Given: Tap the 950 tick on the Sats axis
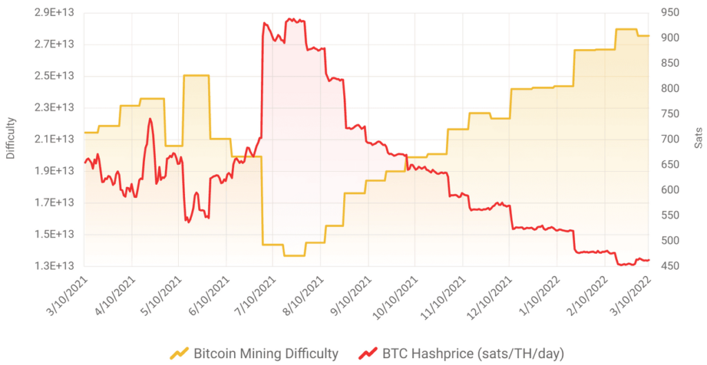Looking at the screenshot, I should (x=668, y=12).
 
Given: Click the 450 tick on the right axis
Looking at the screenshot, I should (x=668, y=266).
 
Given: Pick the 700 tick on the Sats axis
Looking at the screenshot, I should (x=668, y=139).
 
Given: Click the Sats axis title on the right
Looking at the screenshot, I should (x=698, y=139).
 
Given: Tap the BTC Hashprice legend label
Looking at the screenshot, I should (x=469, y=354).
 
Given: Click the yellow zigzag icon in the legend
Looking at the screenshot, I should (x=180, y=354).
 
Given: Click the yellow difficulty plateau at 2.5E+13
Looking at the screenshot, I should (x=196, y=75).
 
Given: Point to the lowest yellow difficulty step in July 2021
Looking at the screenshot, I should (x=294, y=255).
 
